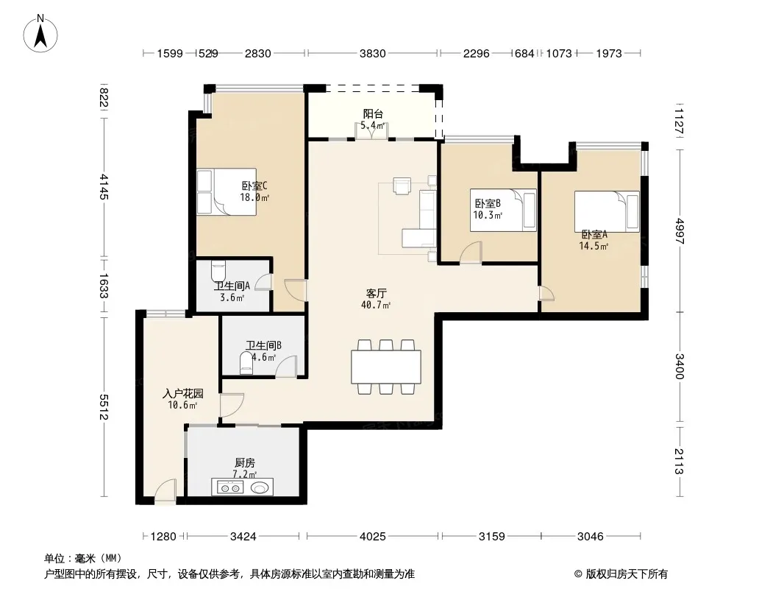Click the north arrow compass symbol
(x=40, y=34)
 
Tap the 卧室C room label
(x=254, y=186)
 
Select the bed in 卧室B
(x=503, y=210)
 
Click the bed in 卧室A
(x=607, y=211)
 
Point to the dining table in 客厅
(x=386, y=367)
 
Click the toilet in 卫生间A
(x=218, y=271)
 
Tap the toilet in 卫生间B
(x=246, y=363)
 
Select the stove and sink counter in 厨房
(x=243, y=487)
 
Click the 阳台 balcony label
(x=373, y=114)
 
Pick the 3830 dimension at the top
(x=372, y=54)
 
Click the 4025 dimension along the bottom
(x=372, y=537)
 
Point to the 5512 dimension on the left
(x=104, y=407)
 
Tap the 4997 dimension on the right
(x=680, y=230)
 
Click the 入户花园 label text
(x=183, y=394)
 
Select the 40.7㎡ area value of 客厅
(x=376, y=305)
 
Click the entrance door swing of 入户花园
(x=165, y=490)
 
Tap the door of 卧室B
(x=471, y=253)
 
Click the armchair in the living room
(x=402, y=185)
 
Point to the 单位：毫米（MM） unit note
(x=83, y=558)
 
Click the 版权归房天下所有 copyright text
(x=621, y=574)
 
